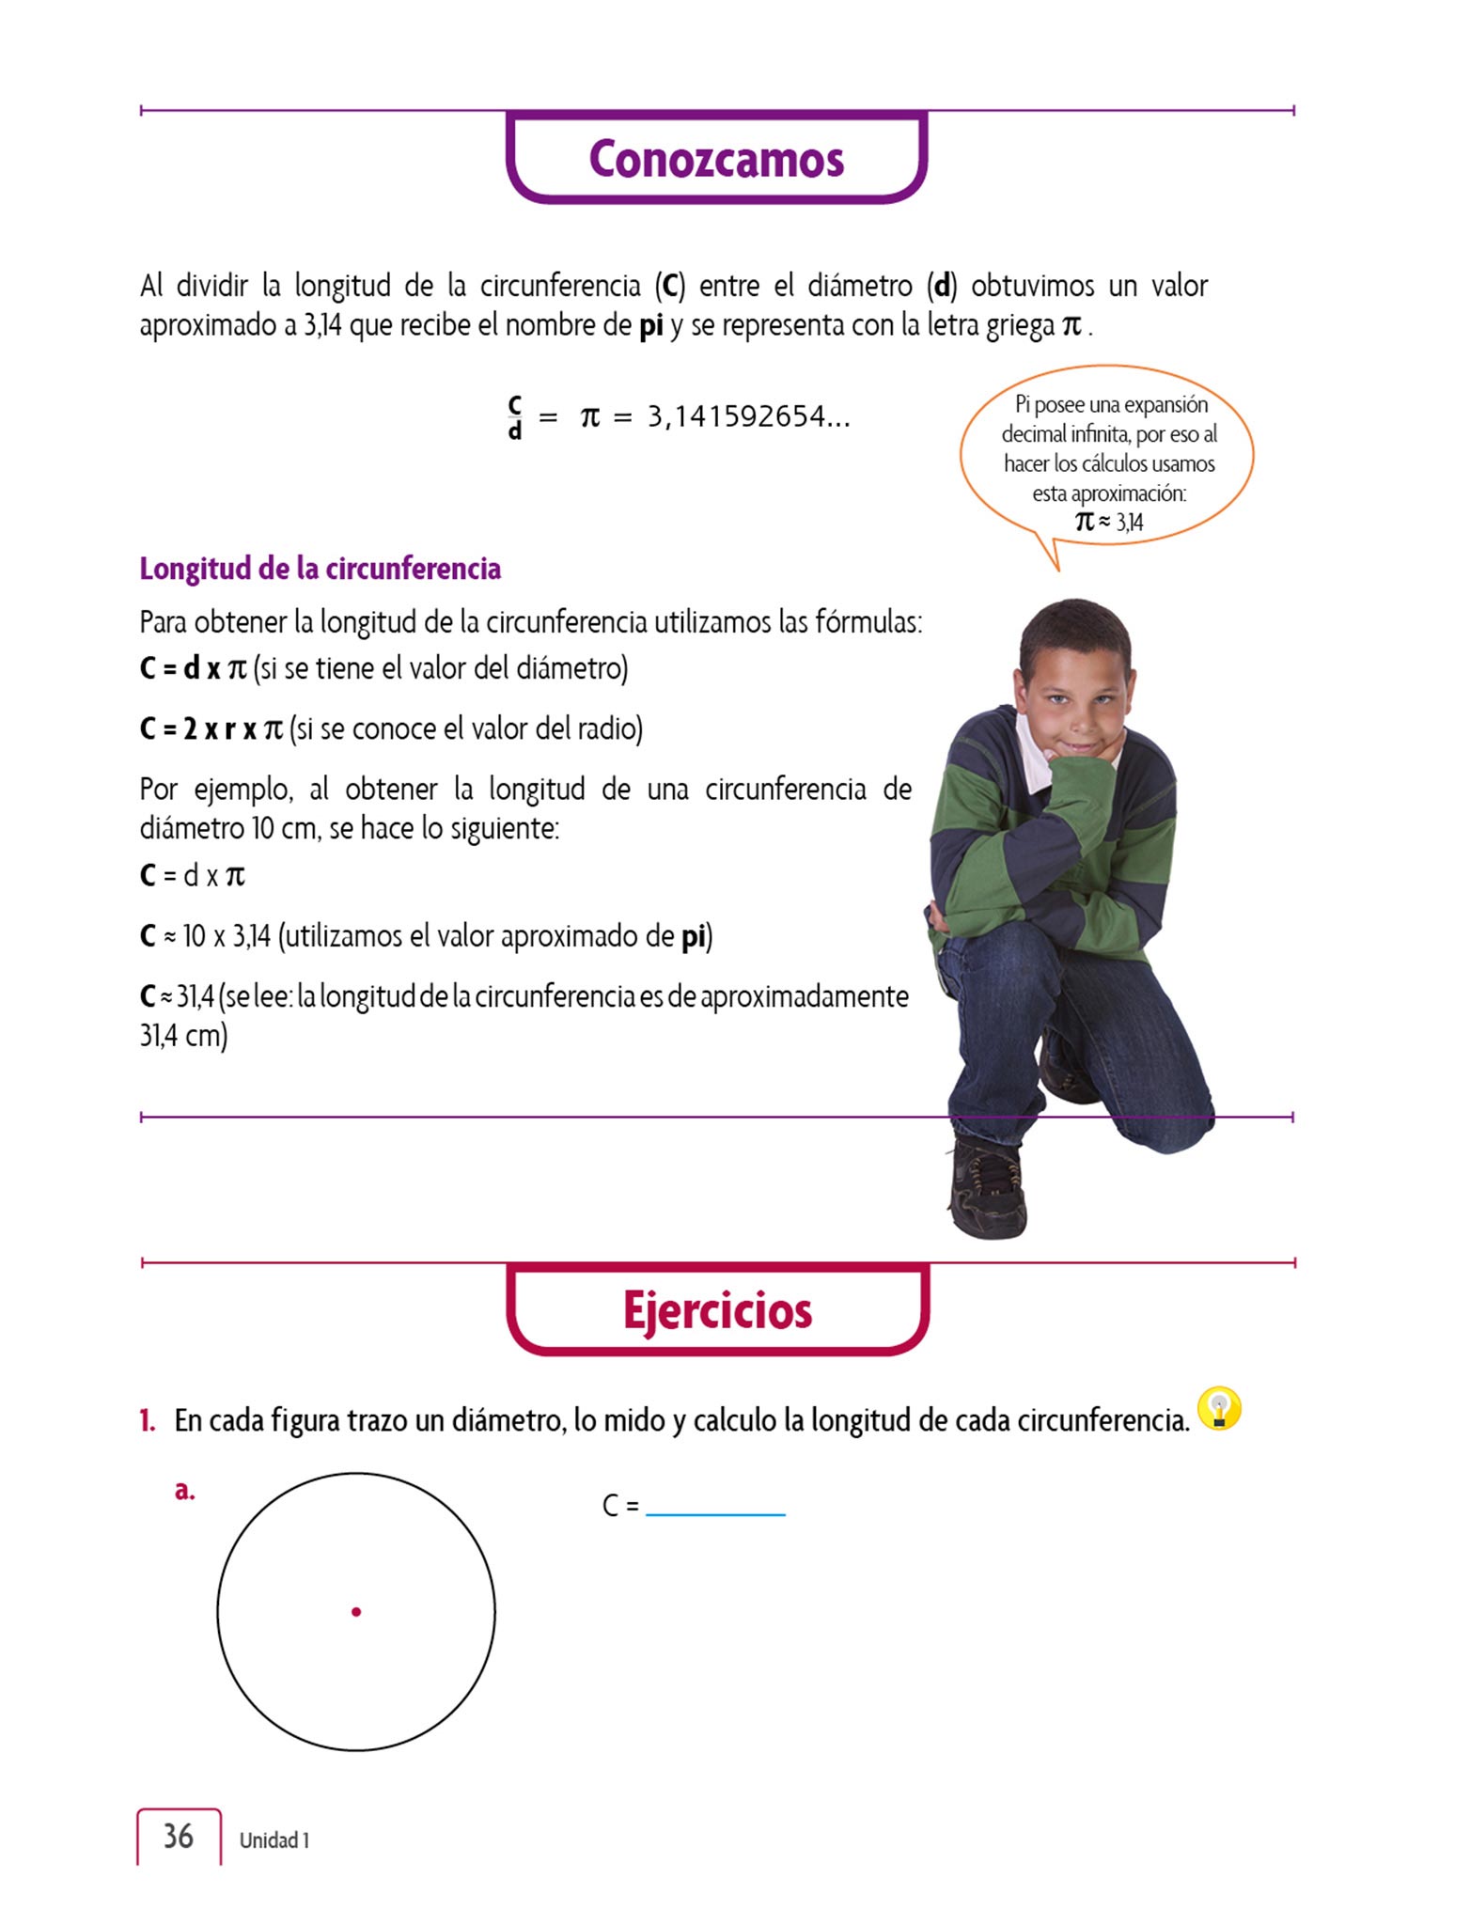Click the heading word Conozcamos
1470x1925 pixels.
716,159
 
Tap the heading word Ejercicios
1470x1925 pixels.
717,1310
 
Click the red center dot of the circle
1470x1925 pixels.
356,1612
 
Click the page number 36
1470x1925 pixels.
179,1836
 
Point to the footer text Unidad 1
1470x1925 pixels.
274,1840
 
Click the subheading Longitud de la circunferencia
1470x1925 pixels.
321,569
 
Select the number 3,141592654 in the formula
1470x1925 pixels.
748,416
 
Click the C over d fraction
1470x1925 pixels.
515,417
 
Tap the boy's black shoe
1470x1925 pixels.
987,1189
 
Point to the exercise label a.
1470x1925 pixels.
185,1491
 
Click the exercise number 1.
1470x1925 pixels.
147,1420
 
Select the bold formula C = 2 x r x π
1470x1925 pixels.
211,728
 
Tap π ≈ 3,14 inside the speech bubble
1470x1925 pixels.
1109,522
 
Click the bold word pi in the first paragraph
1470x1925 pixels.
650,326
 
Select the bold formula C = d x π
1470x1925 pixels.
193,668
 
